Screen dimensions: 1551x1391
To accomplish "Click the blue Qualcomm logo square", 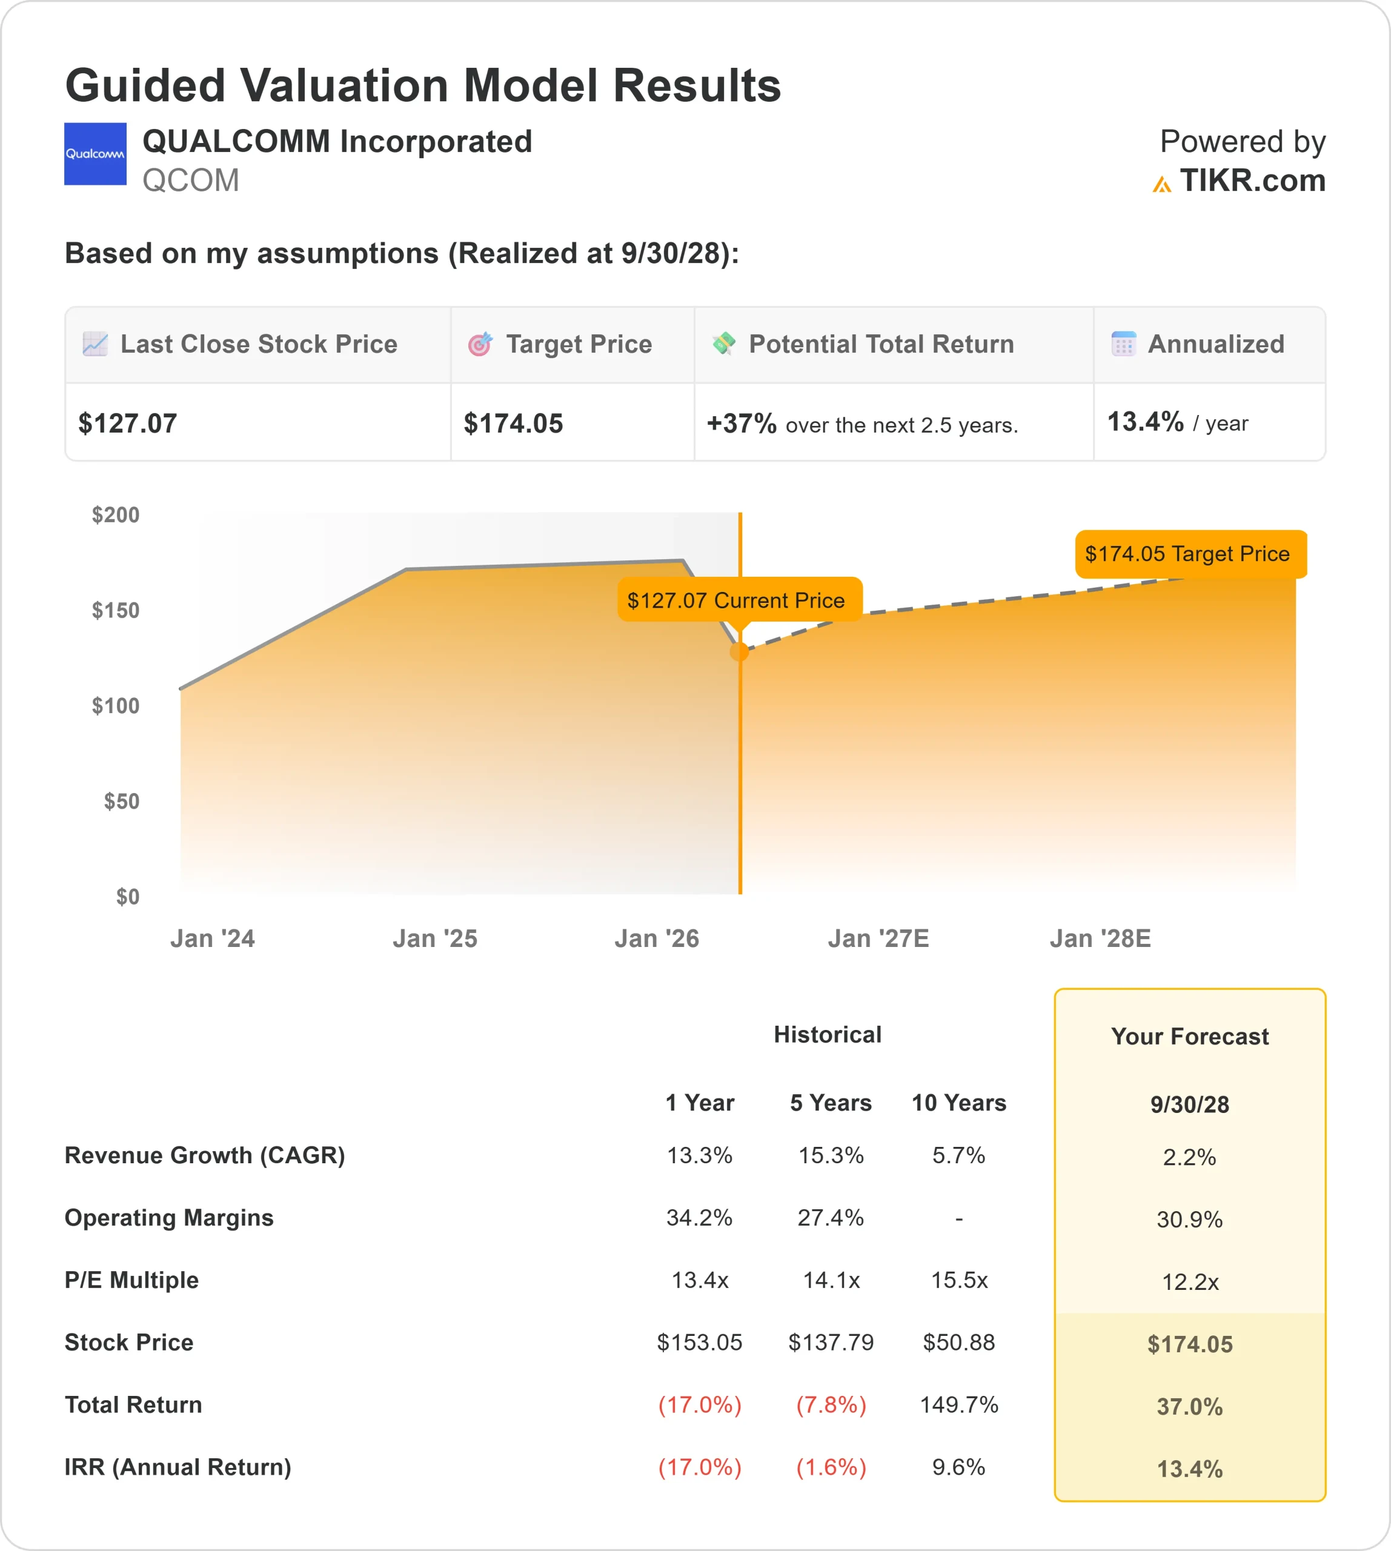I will [x=95, y=154].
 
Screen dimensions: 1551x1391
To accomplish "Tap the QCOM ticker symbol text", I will [x=190, y=181].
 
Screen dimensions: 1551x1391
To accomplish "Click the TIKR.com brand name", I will [x=1252, y=181].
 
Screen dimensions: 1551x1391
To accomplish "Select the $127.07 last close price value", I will [x=128, y=423].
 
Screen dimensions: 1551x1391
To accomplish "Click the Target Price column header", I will [x=578, y=344].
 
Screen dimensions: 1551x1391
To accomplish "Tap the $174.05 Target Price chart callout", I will [x=1189, y=553].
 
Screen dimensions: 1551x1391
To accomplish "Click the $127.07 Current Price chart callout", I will [x=735, y=600].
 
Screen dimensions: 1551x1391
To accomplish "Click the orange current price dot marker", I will [x=739, y=651].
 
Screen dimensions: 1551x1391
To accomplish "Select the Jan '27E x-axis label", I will [x=878, y=938].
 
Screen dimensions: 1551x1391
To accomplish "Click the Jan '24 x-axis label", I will [x=213, y=938].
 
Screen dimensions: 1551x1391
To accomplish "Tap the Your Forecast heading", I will [x=1189, y=1036].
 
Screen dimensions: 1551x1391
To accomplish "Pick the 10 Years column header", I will [x=958, y=1102].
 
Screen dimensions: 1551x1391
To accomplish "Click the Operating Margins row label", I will [x=169, y=1217].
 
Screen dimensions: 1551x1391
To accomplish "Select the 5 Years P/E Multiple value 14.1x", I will [x=831, y=1280].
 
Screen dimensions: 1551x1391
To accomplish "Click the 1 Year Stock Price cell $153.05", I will [x=699, y=1343].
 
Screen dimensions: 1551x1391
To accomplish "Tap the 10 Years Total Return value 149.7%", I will [x=958, y=1404].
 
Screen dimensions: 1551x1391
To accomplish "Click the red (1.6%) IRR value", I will [x=831, y=1467].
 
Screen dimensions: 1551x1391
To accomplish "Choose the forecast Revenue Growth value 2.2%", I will [x=1189, y=1157].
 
